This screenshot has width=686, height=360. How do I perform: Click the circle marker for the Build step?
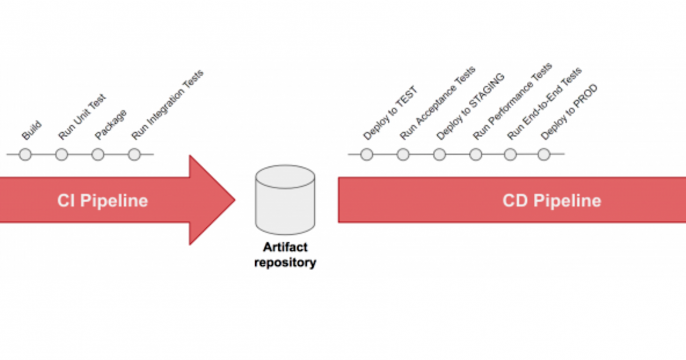26,155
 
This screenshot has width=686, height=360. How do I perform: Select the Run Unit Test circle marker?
62,155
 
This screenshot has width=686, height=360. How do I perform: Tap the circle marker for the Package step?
98,155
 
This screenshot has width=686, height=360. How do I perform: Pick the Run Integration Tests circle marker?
134,155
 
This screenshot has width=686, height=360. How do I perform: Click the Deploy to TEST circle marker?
367,155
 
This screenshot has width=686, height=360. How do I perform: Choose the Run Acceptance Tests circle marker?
403,155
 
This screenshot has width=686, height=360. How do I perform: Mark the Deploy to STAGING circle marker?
439,155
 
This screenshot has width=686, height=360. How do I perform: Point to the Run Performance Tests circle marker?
475,155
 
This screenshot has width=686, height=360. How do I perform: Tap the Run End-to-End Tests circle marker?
511,155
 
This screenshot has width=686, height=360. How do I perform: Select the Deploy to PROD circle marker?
544,155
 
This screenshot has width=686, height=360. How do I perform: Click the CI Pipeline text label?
102,201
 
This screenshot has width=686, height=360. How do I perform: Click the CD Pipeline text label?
552,201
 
